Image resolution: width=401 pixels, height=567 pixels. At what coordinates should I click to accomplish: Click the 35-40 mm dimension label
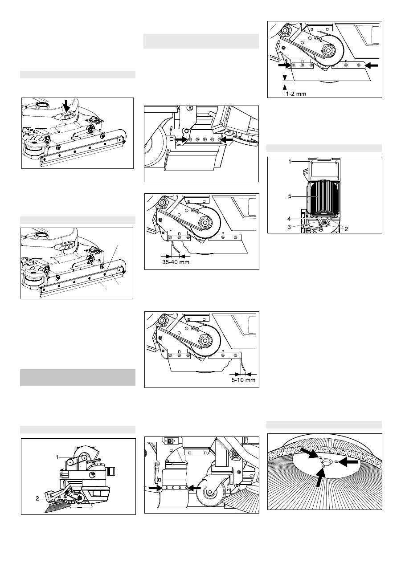[x=176, y=262]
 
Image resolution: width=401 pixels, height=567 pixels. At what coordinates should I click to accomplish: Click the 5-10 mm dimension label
[x=243, y=379]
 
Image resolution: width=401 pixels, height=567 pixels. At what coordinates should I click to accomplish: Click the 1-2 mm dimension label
[x=296, y=94]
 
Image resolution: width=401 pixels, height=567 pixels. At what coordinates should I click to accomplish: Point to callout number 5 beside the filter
[x=290, y=196]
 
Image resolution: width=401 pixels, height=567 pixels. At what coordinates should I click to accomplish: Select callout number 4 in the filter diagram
[x=289, y=219]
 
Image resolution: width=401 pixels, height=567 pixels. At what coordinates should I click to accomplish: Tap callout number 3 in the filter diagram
[x=289, y=227]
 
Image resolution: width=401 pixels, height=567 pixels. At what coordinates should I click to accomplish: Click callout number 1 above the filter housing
[x=290, y=162]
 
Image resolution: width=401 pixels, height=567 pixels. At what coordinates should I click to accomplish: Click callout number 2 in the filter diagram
[x=346, y=229]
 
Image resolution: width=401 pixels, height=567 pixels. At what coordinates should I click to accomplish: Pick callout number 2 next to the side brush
[x=37, y=498]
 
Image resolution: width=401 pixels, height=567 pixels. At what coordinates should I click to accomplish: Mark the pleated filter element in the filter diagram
[x=324, y=199]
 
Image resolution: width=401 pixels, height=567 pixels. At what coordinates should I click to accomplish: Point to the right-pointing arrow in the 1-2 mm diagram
[x=285, y=65]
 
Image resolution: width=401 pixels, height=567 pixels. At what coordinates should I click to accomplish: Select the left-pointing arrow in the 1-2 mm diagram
[x=371, y=65]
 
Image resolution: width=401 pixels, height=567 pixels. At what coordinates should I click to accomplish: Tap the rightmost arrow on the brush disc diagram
[x=348, y=462]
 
